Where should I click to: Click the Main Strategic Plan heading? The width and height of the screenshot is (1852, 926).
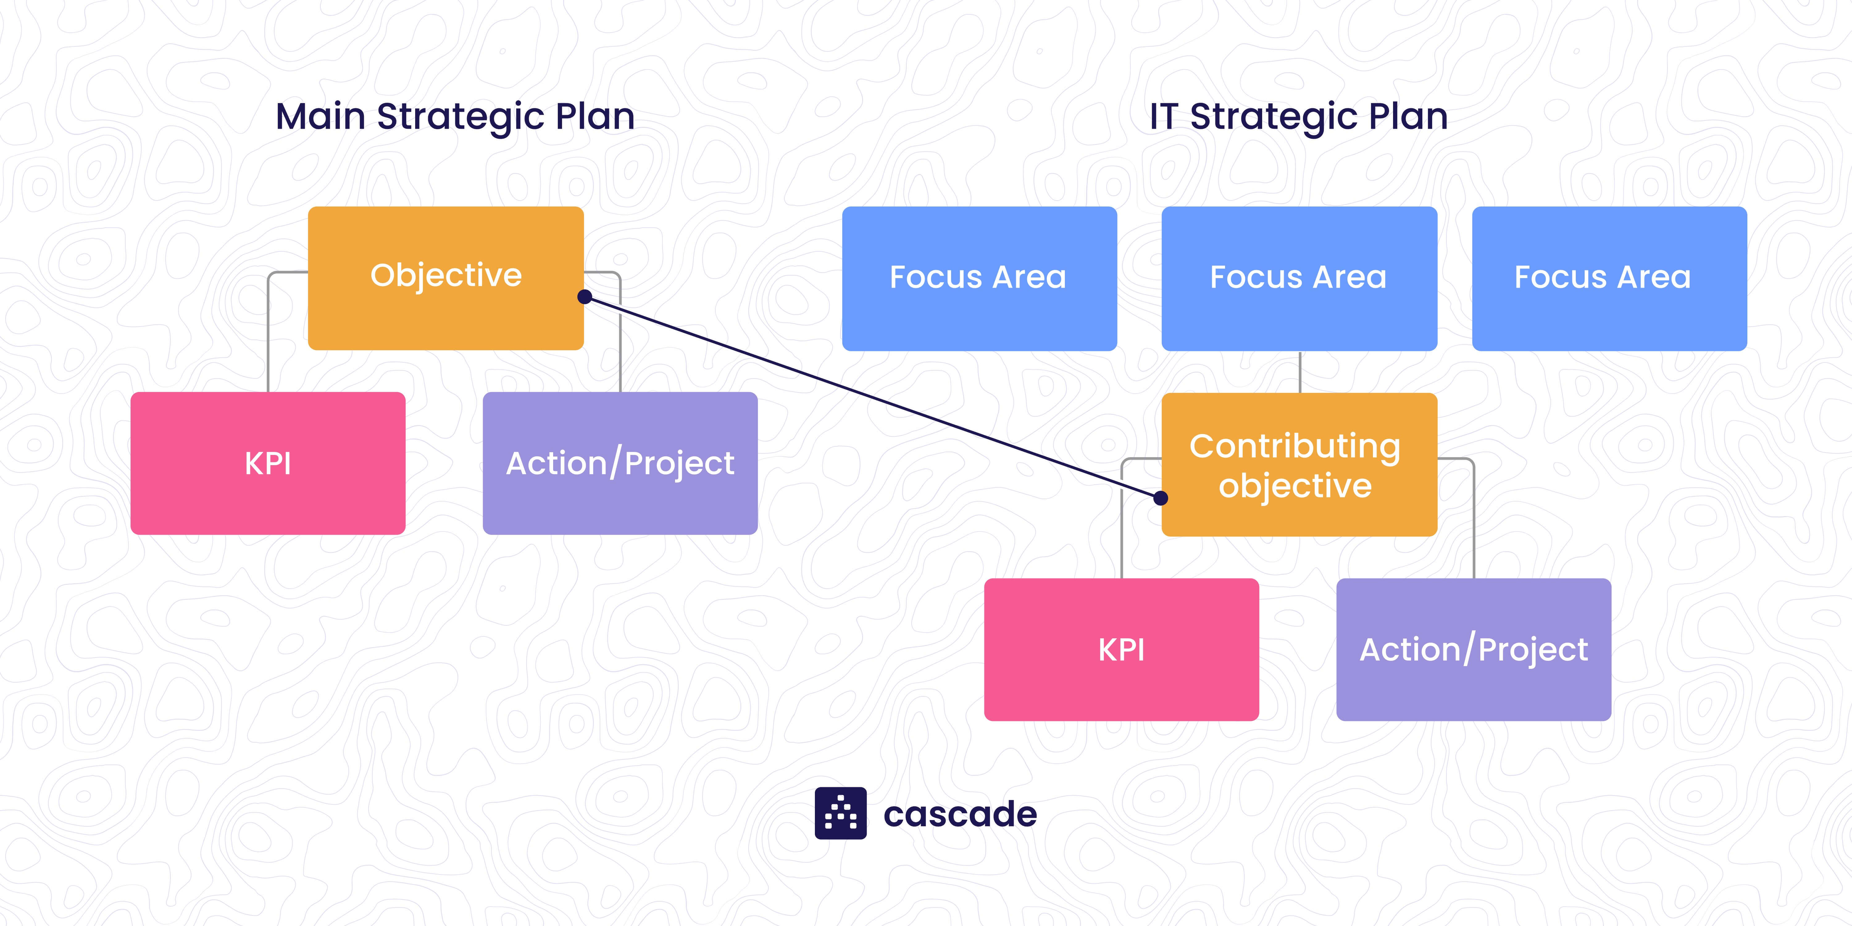click(x=455, y=116)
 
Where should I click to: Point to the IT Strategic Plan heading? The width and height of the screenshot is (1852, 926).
click(x=1299, y=116)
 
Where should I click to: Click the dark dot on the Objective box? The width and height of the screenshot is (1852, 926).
click(x=585, y=297)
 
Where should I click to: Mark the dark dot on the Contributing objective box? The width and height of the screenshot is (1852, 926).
click(x=1160, y=498)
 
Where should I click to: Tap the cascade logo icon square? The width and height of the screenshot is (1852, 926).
click(x=840, y=813)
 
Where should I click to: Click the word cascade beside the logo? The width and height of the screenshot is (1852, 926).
click(x=960, y=815)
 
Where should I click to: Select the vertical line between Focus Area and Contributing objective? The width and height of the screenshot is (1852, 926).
click(x=1300, y=372)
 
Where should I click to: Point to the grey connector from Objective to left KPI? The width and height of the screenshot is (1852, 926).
click(x=268, y=331)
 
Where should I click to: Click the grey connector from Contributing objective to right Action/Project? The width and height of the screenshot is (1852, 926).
click(x=1474, y=518)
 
